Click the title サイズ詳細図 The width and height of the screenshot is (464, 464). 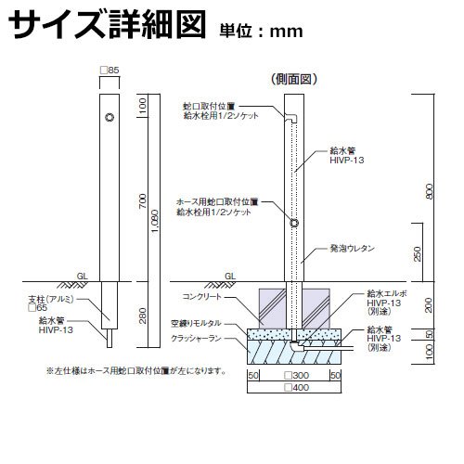tap(107, 24)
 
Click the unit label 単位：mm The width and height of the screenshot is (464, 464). tap(262, 32)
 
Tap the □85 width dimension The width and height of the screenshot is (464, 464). tap(110, 71)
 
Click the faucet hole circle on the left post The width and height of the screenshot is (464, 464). tap(110, 117)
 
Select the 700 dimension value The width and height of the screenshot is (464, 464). tap(143, 200)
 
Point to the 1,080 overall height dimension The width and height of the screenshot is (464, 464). tap(155, 222)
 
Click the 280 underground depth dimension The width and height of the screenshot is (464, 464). tap(143, 316)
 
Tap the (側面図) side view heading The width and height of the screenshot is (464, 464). tap(294, 80)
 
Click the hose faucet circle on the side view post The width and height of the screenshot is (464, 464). tap(294, 223)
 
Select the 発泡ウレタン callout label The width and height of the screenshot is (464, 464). tap(353, 248)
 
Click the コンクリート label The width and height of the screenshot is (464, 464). tap(202, 296)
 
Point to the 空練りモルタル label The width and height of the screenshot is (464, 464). tap(197, 324)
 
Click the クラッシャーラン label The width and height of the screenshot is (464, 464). tap(197, 339)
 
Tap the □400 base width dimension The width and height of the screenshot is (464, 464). tap(297, 387)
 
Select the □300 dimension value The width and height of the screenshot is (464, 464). tap(297, 376)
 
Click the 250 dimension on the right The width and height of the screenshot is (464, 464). tap(418, 253)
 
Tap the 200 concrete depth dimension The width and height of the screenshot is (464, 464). tap(429, 305)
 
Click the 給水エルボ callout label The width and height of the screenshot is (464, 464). tap(387, 293)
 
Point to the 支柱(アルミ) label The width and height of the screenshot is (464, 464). tap(51, 299)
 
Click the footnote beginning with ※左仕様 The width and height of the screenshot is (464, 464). tap(136, 370)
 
